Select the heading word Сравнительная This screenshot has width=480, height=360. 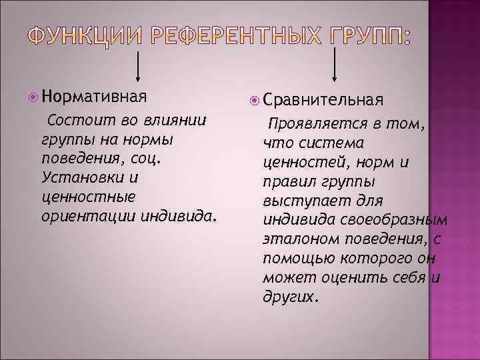click(323, 100)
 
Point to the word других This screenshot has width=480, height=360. click(289, 297)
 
